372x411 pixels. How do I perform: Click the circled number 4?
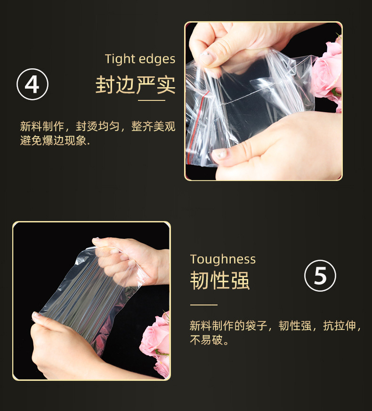pos(32,84)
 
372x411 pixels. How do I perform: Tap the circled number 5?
pos(320,275)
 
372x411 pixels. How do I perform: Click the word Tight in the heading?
pos(120,59)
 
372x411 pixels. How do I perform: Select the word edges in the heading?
pos(157,59)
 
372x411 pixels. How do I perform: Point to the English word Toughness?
pos(223,260)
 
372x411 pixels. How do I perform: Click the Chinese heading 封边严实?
pos(135,85)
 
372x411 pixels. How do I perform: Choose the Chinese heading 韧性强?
pos(220,280)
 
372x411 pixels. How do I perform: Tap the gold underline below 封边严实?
pos(152,100)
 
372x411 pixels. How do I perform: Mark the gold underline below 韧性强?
pos(204,305)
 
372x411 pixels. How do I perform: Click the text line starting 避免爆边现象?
pos(55,141)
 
